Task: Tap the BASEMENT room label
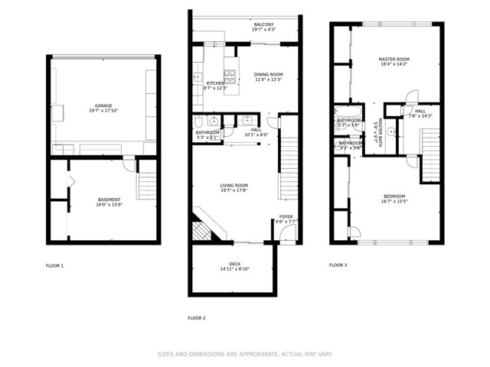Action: [x=109, y=200]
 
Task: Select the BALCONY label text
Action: [x=263, y=25]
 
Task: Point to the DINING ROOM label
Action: [x=268, y=74]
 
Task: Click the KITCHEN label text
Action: [x=215, y=83]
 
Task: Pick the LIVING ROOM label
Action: [x=234, y=185]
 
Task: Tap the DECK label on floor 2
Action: [x=234, y=263]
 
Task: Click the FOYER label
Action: [x=286, y=216]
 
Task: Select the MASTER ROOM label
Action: [x=394, y=59]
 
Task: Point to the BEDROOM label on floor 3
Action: [x=394, y=196]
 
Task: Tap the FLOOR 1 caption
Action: [x=55, y=265]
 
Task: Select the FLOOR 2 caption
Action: [x=197, y=318]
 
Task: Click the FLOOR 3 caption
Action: [x=338, y=265]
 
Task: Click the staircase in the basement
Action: [x=145, y=187]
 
